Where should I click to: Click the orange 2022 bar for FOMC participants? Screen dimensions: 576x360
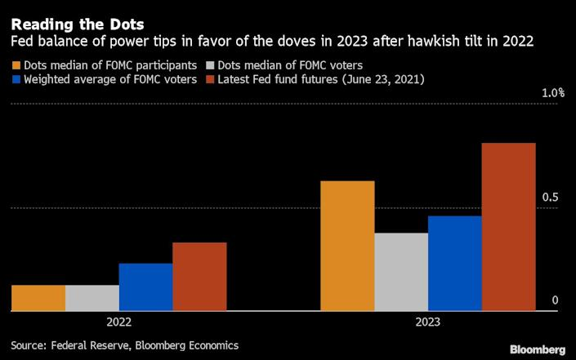[38, 298]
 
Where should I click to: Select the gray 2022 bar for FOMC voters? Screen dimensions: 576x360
[92, 298]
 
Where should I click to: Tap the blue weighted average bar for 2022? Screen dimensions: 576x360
[145, 287]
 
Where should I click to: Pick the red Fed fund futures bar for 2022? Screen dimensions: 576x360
[200, 277]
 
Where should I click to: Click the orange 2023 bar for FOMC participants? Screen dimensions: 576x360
[347, 246]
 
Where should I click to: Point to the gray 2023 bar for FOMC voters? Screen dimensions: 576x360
[401, 272]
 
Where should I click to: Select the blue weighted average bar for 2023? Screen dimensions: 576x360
[455, 264]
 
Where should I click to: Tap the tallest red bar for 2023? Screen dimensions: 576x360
[509, 227]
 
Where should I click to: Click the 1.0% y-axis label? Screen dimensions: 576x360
[553, 93]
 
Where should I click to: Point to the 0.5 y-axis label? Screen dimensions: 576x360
[550, 197]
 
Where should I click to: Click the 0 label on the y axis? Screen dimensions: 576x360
[555, 300]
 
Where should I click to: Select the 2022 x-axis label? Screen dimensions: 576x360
[119, 322]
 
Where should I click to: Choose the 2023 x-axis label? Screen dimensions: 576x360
[428, 322]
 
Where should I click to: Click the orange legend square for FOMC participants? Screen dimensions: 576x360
[16, 65]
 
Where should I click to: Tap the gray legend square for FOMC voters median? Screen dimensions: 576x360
[210, 65]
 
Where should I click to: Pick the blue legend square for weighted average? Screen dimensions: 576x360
[16, 79]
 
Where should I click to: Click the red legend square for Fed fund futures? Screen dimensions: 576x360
[210, 79]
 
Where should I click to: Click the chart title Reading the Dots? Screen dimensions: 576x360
[78, 24]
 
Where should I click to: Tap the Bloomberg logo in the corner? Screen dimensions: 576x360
[538, 349]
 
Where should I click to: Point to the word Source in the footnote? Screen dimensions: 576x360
[29, 345]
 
